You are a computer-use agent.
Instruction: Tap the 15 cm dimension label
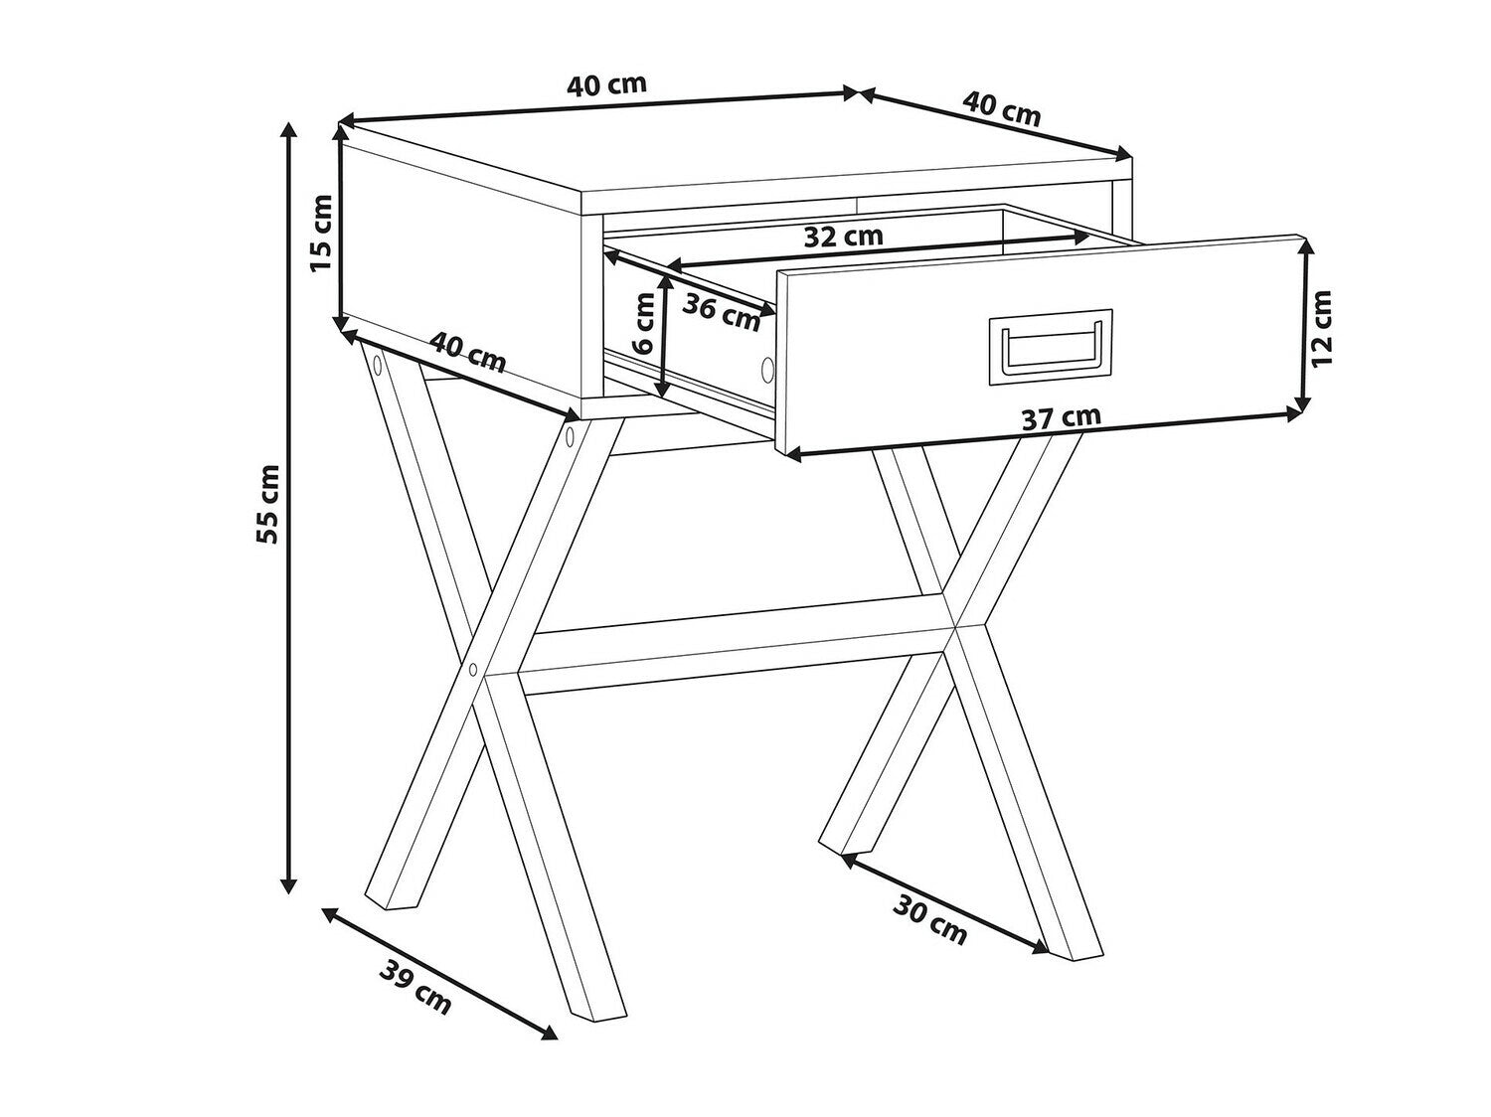[321, 233]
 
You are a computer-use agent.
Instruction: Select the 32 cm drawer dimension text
[843, 237]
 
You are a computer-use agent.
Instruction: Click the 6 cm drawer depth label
[642, 323]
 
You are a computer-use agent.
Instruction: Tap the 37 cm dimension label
[1061, 418]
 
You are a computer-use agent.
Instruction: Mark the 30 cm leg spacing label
[929, 920]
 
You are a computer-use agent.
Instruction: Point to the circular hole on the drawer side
[767, 370]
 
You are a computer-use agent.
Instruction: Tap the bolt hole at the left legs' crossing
[473, 669]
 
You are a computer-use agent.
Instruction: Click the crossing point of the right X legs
[956, 626]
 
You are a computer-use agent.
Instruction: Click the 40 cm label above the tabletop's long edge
[606, 85]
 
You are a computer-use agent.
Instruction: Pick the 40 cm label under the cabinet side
[469, 353]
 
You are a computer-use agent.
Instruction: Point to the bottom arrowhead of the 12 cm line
[1302, 404]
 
